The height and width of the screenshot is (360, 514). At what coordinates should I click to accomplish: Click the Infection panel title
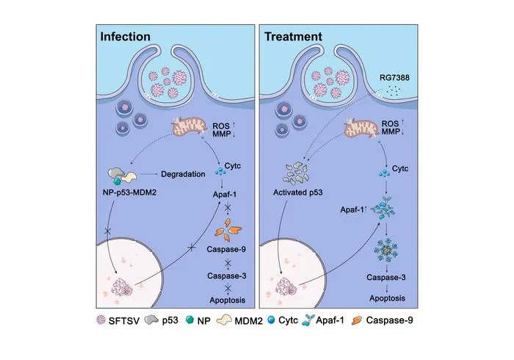(x=126, y=37)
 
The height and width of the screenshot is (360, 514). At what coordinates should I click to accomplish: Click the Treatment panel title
(x=293, y=37)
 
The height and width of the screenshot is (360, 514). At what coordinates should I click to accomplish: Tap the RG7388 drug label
(x=394, y=78)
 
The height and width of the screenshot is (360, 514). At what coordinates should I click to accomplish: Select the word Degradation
(x=183, y=174)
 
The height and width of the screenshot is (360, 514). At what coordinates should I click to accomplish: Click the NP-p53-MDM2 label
(x=129, y=192)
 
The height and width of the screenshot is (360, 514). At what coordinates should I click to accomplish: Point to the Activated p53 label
(x=297, y=192)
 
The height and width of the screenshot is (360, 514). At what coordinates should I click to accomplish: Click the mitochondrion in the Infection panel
(x=189, y=127)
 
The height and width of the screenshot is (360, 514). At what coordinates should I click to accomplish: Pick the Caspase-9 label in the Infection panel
(x=226, y=249)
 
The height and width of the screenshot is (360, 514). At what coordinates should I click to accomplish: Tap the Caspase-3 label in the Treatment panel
(x=386, y=278)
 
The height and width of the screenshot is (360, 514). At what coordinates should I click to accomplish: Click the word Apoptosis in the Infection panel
(x=228, y=300)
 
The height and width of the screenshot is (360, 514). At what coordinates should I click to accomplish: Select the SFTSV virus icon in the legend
(x=101, y=320)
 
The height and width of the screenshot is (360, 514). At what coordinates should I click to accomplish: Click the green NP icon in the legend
(x=189, y=320)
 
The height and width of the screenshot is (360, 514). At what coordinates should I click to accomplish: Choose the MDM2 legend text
(x=249, y=320)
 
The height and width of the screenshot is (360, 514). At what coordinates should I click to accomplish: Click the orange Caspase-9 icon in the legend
(x=357, y=320)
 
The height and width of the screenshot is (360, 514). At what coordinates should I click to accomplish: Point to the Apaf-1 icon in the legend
(x=308, y=320)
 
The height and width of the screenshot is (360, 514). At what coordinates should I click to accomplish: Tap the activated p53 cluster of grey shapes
(x=295, y=173)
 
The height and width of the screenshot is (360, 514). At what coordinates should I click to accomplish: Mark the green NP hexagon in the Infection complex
(x=117, y=181)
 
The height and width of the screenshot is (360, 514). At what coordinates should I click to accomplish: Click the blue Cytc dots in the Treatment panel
(x=384, y=173)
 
